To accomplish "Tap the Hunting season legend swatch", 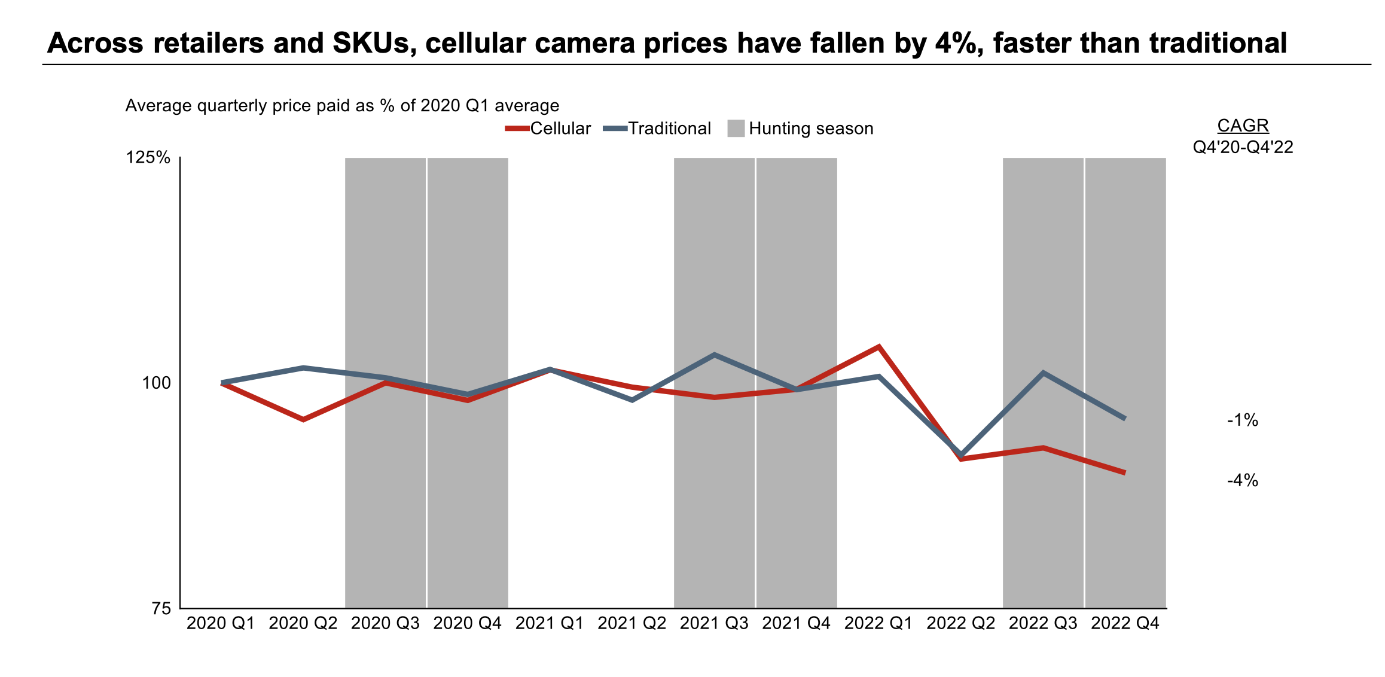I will pyautogui.click(x=736, y=129).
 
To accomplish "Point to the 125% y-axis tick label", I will pyautogui.click(x=148, y=158).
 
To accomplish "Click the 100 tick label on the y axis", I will pyautogui.click(x=156, y=383).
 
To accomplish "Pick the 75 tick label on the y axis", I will pyautogui.click(x=162, y=608).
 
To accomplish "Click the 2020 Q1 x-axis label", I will pyautogui.click(x=221, y=623).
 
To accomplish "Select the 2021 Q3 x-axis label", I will pyautogui.click(x=714, y=623).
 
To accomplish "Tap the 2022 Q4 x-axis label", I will pyautogui.click(x=1125, y=623).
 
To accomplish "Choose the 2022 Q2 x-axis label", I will pyautogui.click(x=960, y=623).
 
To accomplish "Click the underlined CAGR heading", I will pyautogui.click(x=1243, y=126).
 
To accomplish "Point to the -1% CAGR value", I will pyautogui.click(x=1242, y=420).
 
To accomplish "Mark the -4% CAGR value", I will pyautogui.click(x=1242, y=480).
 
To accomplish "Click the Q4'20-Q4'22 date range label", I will pyautogui.click(x=1243, y=147).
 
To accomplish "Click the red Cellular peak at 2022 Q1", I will pyautogui.click(x=878, y=346).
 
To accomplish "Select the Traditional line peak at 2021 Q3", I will pyautogui.click(x=714, y=355).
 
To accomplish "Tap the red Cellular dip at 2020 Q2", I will pyautogui.click(x=303, y=419).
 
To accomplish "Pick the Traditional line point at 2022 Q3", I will pyautogui.click(x=1043, y=373).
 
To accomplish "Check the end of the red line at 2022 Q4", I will pyautogui.click(x=1125, y=472).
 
